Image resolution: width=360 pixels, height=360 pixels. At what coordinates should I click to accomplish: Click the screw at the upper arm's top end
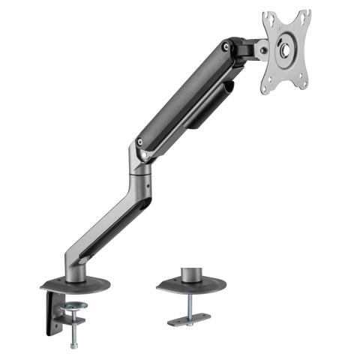[225, 47]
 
